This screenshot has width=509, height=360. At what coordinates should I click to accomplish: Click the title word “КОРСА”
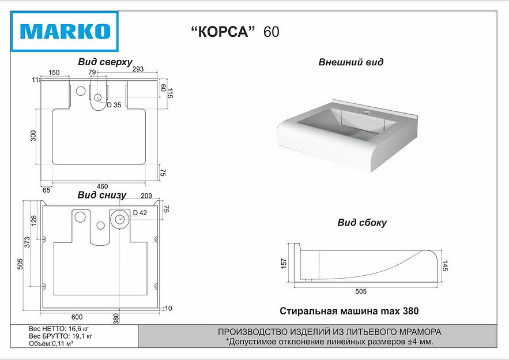223,32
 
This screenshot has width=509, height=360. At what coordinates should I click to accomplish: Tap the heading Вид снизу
101,196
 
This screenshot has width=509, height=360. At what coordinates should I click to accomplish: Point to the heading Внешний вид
350,62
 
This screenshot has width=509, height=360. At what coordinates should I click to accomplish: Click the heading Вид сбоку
361,223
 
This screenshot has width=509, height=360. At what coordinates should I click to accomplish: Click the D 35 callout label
114,105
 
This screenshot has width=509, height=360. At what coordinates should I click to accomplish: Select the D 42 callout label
139,213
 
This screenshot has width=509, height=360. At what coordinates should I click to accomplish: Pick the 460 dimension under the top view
102,186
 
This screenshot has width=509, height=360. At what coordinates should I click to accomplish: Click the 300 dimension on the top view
33,136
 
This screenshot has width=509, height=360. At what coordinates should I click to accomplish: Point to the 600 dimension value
77,317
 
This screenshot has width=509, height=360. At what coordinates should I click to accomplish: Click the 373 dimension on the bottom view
27,243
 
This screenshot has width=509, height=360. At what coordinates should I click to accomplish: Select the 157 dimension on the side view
283,264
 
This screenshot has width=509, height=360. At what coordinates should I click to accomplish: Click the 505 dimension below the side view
360,291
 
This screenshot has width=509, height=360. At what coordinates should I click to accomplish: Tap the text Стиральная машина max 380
349,311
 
